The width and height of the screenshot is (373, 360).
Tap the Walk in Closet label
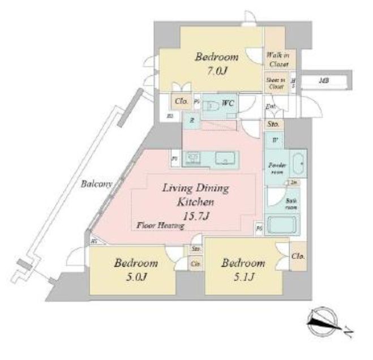coord(277,59)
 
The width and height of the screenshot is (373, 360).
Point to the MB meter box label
coord(323,81)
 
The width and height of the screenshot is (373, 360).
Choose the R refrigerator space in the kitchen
coord(192,120)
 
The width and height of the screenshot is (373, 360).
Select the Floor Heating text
coord(161,226)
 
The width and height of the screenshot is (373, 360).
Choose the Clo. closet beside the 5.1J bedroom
coord(298,256)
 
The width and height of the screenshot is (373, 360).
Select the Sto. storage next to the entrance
coord(273,123)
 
